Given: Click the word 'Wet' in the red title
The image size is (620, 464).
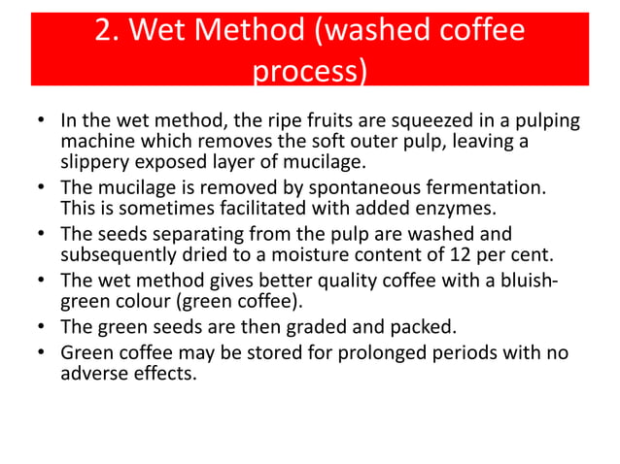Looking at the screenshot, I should (182, 31).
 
